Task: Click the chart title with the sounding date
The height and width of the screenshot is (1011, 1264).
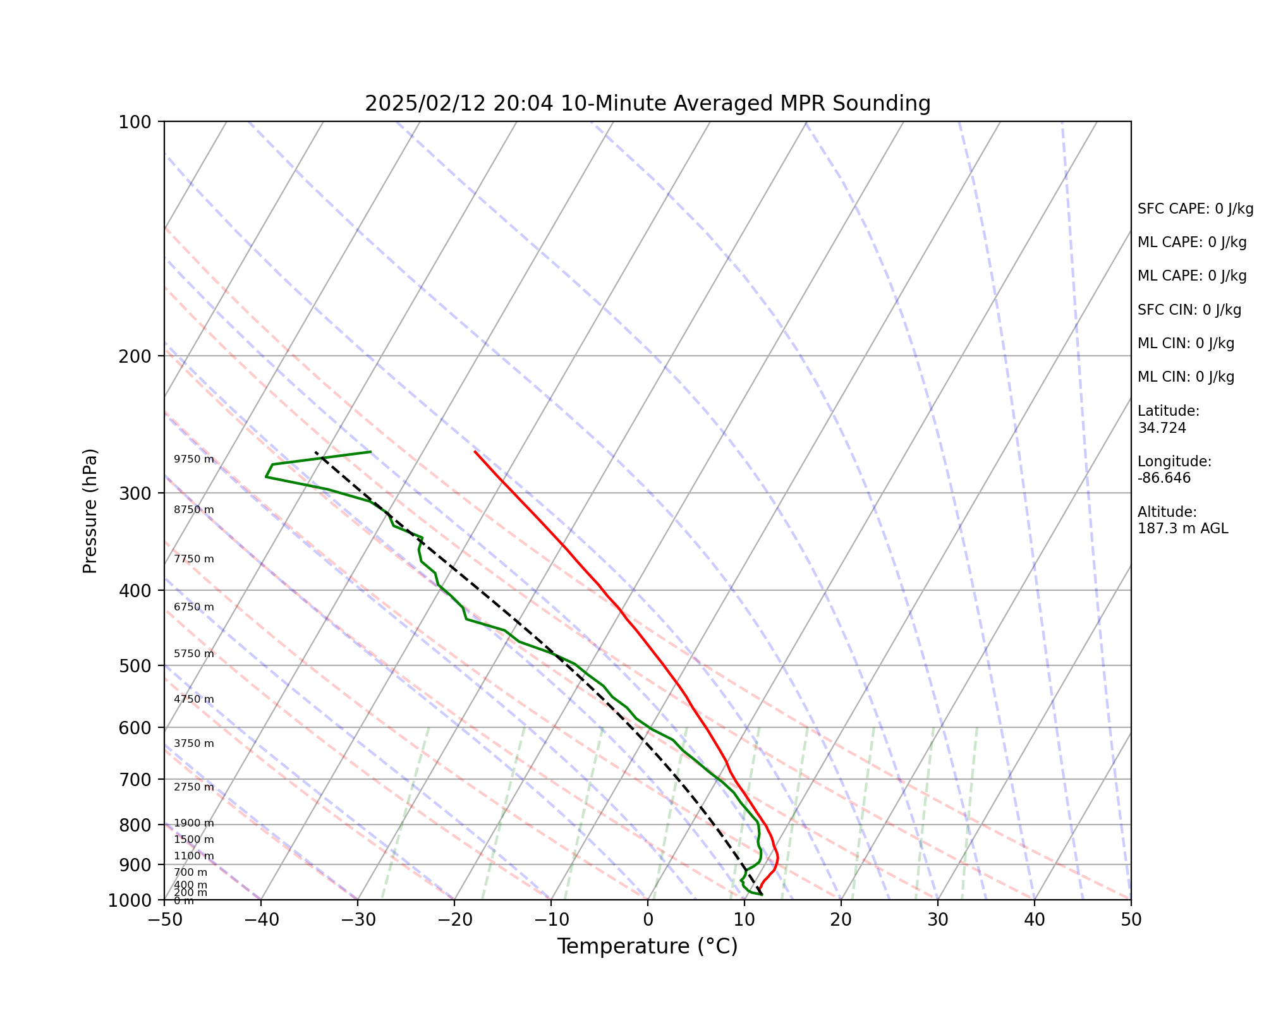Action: (647, 104)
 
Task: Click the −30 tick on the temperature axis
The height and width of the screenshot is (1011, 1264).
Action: (357, 919)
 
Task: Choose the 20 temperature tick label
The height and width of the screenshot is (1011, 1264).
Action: (841, 919)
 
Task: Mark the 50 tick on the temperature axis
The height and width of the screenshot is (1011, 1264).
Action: (1131, 919)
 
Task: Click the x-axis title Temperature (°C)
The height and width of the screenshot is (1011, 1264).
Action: (647, 947)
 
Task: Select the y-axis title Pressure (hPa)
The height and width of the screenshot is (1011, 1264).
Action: (90, 511)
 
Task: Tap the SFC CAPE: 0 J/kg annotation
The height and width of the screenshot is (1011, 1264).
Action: (1195, 209)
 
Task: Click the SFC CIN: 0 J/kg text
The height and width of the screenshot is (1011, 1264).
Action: (1189, 310)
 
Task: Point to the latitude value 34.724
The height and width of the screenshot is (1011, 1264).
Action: (1162, 428)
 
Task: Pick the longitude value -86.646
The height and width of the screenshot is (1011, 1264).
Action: (1164, 478)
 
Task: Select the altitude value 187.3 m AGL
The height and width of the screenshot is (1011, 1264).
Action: (1182, 529)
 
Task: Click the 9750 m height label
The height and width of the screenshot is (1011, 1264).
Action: (194, 459)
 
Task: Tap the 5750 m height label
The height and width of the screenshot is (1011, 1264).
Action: (194, 654)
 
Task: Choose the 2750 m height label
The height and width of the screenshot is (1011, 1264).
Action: (194, 787)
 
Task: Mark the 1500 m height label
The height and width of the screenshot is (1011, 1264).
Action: (194, 840)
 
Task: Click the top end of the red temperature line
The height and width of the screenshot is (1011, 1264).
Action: (475, 452)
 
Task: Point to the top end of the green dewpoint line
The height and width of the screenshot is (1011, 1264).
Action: (370, 452)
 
